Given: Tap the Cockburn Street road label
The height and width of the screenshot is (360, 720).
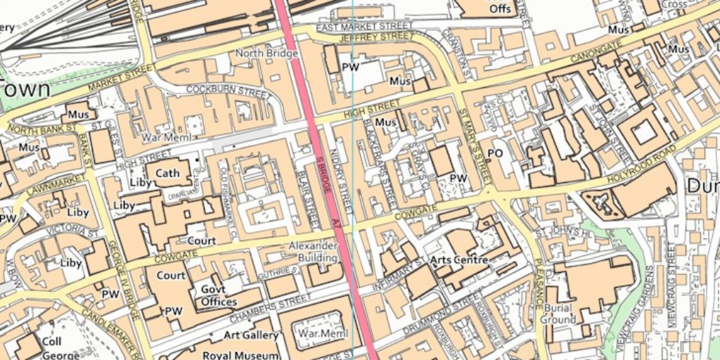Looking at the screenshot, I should click(x=227, y=91).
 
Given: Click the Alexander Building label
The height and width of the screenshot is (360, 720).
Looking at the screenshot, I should click(x=314, y=252).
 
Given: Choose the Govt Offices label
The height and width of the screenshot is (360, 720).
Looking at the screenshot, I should click(x=219, y=295).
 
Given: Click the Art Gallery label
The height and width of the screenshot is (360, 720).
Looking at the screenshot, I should click(x=251, y=335).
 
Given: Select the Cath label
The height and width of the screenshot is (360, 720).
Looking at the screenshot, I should click(x=167, y=173).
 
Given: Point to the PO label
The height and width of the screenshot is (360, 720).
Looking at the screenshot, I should click(x=495, y=153).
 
